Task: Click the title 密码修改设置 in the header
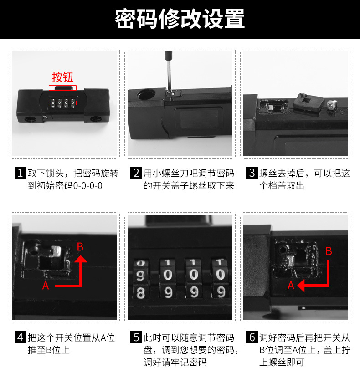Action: click(180, 19)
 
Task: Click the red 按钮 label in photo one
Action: click(62, 77)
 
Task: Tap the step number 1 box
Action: click(20, 173)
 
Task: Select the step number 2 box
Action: click(136, 173)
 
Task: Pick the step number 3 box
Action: click(252, 173)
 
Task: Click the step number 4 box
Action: click(20, 337)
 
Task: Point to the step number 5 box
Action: click(136, 337)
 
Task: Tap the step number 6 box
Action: click(252, 337)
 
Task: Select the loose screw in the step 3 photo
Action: click(331, 104)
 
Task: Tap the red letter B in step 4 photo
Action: click(80, 247)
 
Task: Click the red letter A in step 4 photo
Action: click(46, 286)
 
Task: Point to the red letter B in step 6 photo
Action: click(329, 251)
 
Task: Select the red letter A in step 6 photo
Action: click(291, 286)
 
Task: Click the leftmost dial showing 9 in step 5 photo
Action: click(142, 275)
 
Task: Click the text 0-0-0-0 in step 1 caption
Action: click(88, 186)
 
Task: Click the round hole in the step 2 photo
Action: click(145, 95)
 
